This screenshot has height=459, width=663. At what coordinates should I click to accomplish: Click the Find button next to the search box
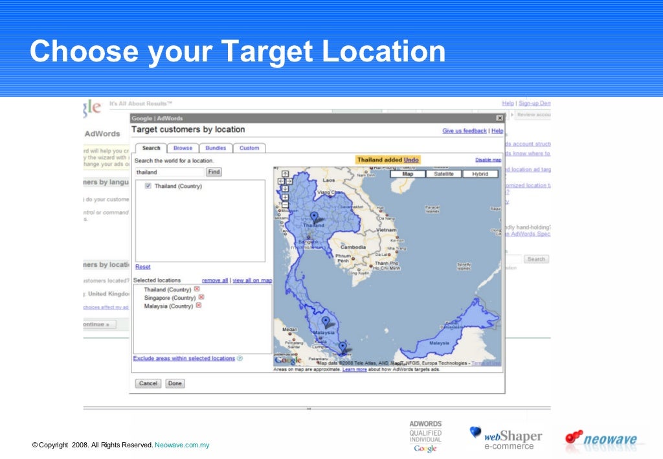click(214, 172)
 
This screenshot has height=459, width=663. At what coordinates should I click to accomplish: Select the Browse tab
click(183, 148)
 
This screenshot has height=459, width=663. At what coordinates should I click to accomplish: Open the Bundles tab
click(216, 148)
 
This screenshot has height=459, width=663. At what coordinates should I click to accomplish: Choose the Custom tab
click(249, 148)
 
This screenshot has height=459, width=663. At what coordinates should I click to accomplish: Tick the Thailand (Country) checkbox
click(148, 186)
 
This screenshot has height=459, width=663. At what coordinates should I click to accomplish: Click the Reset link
click(142, 267)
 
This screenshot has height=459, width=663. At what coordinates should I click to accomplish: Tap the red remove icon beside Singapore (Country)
click(201, 298)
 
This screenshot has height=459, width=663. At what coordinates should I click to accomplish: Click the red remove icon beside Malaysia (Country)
click(199, 306)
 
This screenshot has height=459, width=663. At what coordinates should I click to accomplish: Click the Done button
click(175, 383)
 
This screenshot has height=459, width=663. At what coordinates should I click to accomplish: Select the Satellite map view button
click(444, 174)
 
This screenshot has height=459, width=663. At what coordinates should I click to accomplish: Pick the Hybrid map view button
click(480, 174)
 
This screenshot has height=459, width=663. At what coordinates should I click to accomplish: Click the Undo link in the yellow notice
click(411, 160)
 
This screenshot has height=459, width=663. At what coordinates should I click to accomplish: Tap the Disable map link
click(488, 160)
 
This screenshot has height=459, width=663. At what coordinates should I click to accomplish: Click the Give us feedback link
click(464, 131)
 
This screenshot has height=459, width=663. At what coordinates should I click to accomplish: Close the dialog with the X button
click(499, 118)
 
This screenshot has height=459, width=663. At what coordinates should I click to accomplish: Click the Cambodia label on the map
click(353, 247)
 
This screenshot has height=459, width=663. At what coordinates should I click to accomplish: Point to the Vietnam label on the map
click(387, 230)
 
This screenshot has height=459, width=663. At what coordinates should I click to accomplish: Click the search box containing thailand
click(170, 172)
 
